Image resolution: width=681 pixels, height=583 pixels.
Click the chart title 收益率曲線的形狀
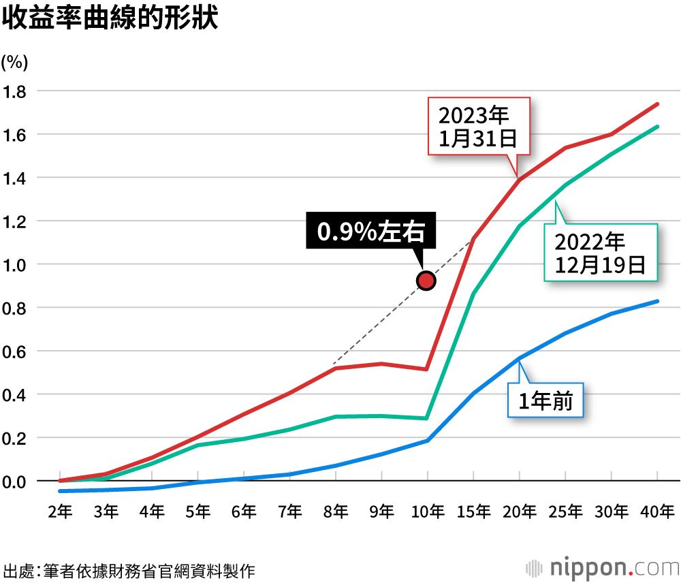pos(110,18)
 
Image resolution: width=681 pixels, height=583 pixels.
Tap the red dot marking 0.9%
pos(426,280)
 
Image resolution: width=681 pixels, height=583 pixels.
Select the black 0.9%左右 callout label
pos(371,232)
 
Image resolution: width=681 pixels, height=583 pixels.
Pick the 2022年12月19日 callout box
pos(600,252)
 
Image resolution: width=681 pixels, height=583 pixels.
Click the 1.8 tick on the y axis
pos(15,91)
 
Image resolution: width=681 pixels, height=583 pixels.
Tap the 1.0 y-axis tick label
pos(15,264)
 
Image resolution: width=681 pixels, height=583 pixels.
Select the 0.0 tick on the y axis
pos(15,482)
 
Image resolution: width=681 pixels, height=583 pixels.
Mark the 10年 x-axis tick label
pos(427,511)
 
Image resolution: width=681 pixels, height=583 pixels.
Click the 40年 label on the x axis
pos(657,511)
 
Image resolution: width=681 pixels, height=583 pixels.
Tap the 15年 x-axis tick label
pos(473,511)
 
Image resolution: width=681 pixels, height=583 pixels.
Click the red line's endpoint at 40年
pos(657,104)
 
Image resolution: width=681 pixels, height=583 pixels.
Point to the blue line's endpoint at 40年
pos(657,301)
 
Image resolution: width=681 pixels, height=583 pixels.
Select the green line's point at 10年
pos(427,418)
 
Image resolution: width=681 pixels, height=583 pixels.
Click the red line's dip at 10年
pos(427,369)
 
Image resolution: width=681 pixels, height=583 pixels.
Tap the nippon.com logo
pos(603,568)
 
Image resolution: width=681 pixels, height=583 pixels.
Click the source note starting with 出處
pos(129,570)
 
